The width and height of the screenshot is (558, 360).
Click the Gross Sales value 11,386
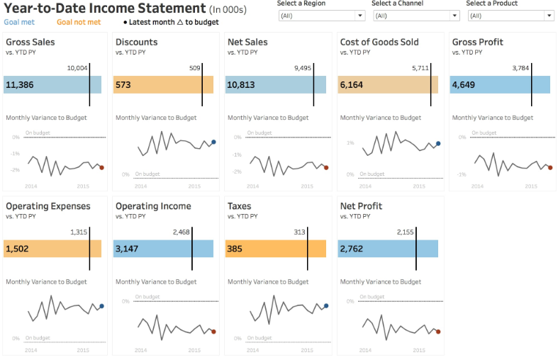(x=20, y=85)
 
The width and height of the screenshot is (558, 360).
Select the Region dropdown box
(x=320, y=16)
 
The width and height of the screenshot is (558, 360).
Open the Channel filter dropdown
(x=415, y=16)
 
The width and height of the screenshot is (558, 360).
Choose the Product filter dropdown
(x=509, y=16)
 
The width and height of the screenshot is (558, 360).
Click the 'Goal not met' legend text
(x=79, y=22)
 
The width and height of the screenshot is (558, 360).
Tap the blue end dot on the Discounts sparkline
(x=213, y=142)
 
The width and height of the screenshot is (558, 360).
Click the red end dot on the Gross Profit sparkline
(x=550, y=167)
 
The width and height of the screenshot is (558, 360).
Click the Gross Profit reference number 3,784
(x=520, y=68)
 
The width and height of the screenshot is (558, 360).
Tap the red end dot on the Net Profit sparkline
(x=438, y=331)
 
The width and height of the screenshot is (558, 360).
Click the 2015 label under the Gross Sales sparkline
(x=82, y=186)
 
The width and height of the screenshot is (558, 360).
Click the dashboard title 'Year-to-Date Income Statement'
(x=104, y=9)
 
